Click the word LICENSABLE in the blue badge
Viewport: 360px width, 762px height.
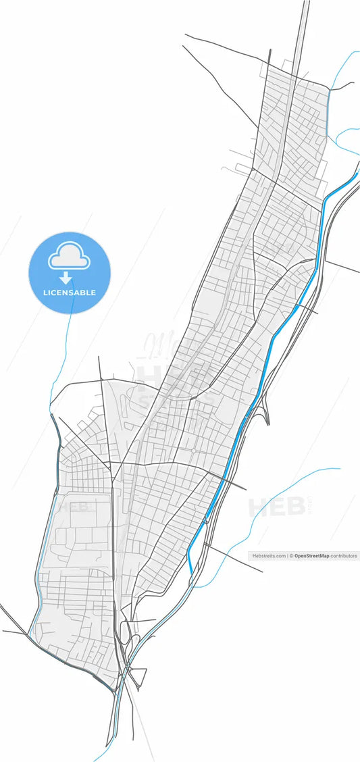point(70,293)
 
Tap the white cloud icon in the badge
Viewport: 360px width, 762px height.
point(69,257)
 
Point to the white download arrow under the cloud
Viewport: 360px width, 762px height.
point(66,278)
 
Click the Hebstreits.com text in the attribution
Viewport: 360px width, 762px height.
point(269,556)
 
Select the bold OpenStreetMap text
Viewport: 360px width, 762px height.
point(311,556)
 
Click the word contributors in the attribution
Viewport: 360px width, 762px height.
point(344,556)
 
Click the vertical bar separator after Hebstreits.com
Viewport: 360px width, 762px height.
point(288,556)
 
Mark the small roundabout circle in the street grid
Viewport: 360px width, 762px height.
point(193,450)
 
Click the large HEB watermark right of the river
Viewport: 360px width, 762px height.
point(277,507)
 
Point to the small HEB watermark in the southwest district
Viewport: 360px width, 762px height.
point(73,506)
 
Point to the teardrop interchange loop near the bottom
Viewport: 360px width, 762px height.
point(125,632)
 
